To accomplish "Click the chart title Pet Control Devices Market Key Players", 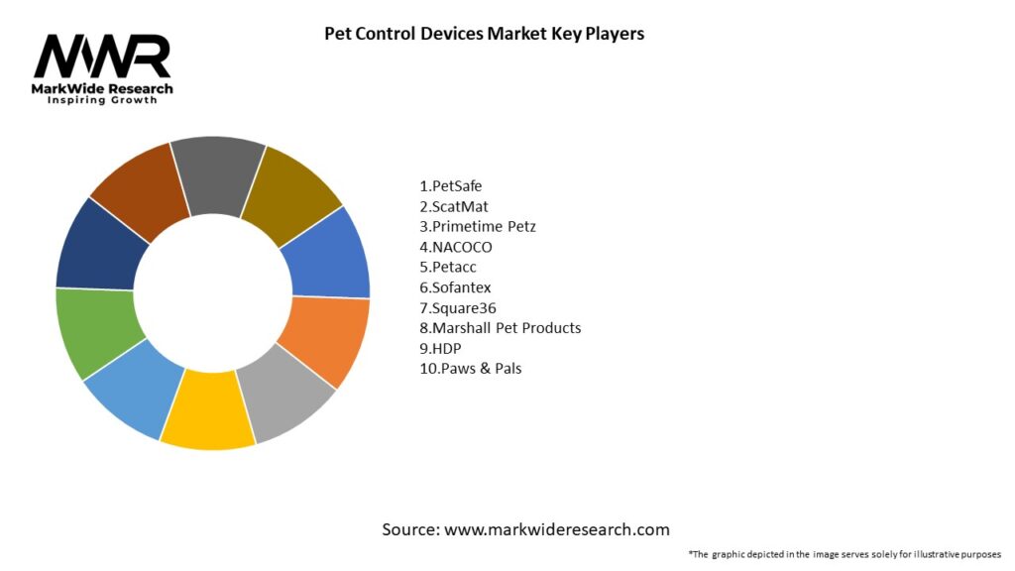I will (x=484, y=34).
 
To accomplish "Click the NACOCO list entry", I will (x=456, y=247).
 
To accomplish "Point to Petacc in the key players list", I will (x=448, y=267).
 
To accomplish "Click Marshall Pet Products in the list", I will (x=501, y=328).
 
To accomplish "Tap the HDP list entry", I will (x=441, y=348).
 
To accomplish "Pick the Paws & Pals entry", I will (x=470, y=369).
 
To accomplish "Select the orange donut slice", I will (x=323, y=339).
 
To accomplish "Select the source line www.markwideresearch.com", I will (x=525, y=529).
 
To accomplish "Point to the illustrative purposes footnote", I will (x=845, y=553).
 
